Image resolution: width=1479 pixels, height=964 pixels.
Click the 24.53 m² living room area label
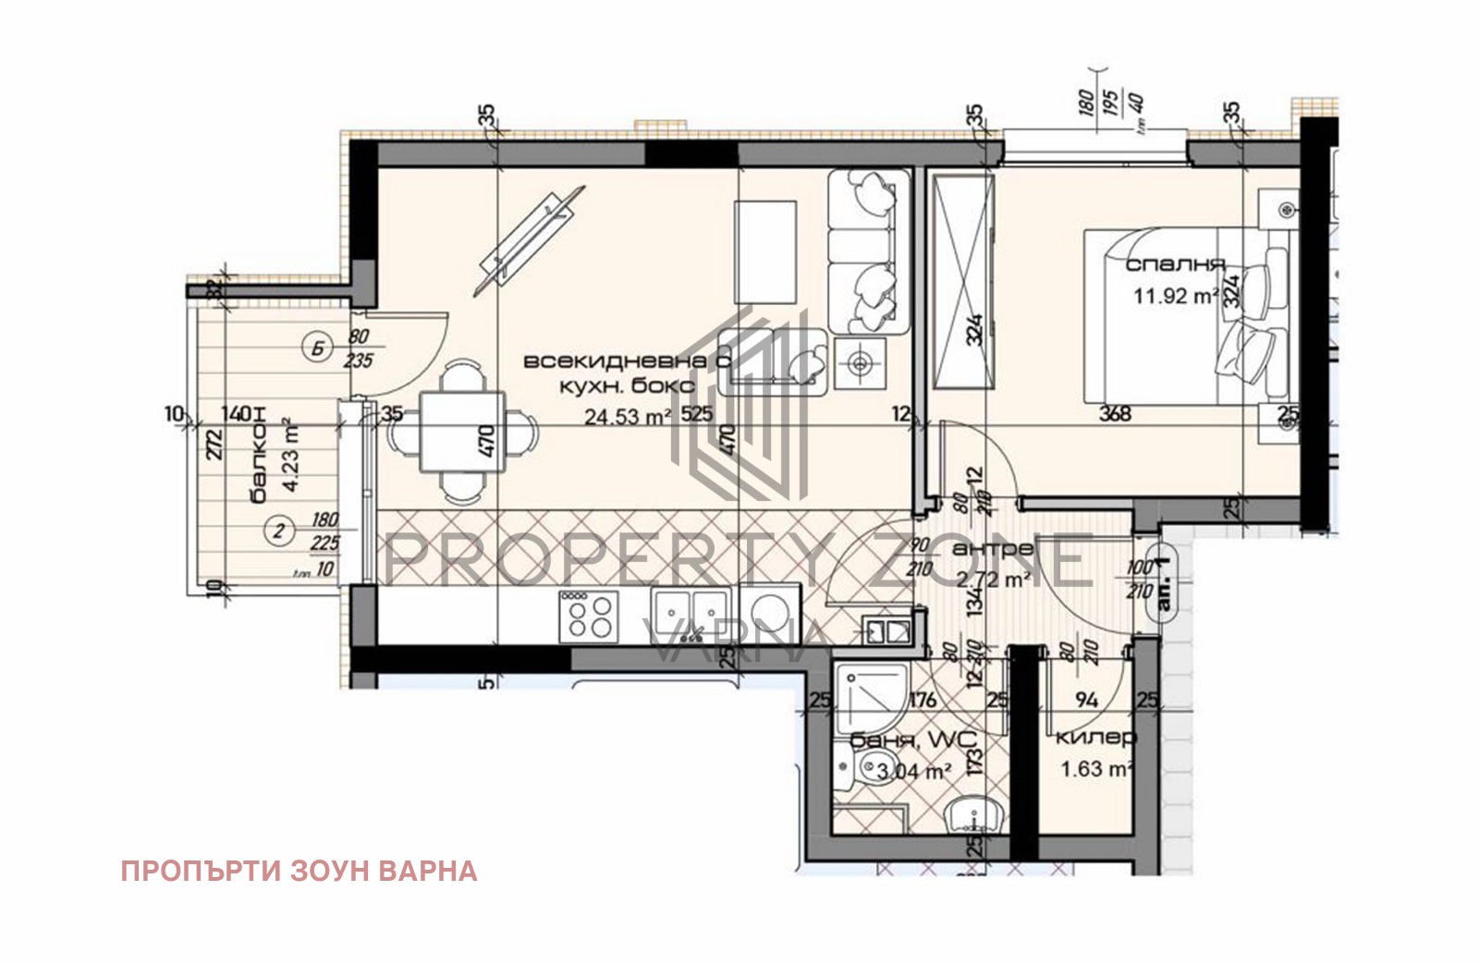tap(628, 417)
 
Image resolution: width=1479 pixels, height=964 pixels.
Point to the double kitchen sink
tap(691, 612)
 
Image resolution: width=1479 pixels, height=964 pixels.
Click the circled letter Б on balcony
tap(318, 348)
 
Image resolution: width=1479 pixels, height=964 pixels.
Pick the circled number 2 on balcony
tap(278, 530)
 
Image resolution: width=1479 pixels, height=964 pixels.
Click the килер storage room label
tap(1095, 738)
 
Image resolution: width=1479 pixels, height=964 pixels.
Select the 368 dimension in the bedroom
tap(1115, 413)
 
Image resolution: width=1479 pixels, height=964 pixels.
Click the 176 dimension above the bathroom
tap(923, 700)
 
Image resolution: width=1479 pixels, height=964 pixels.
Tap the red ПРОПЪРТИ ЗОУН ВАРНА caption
tap(299, 871)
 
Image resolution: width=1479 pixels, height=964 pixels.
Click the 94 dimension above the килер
tap(1086, 700)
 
